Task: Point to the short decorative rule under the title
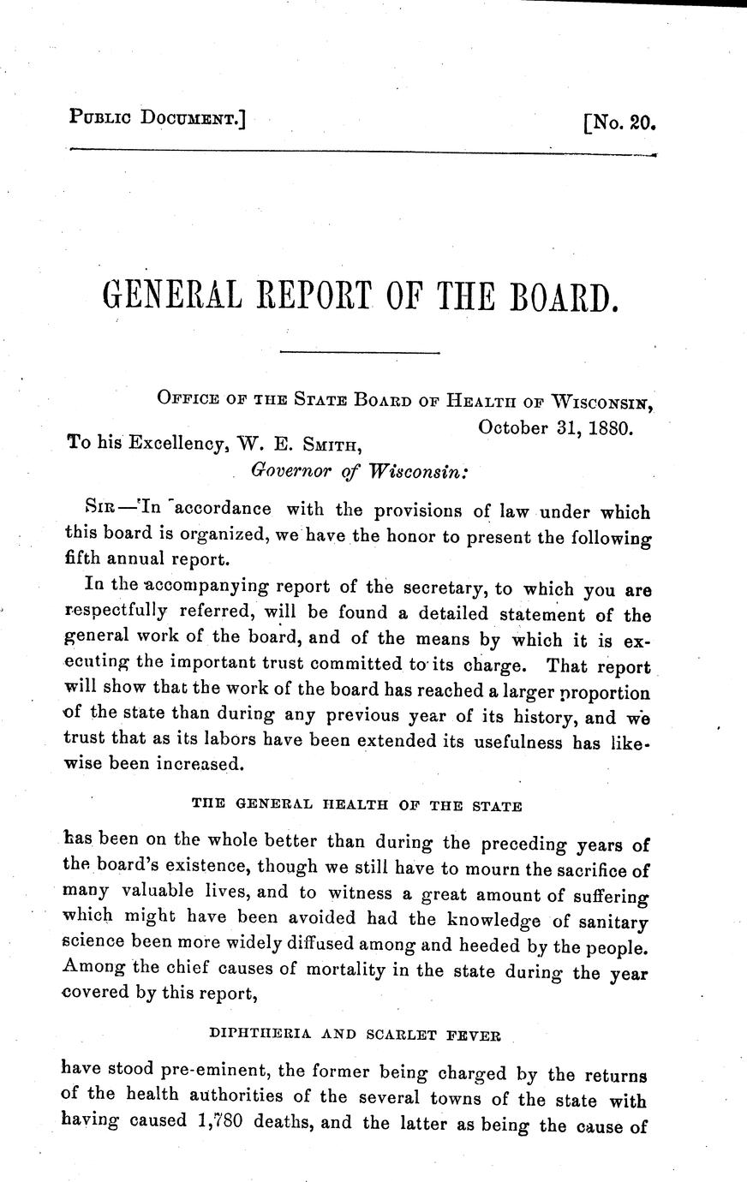click(360, 352)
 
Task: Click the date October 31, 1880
click(555, 427)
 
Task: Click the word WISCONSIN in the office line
click(606, 401)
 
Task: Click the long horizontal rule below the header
click(360, 152)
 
